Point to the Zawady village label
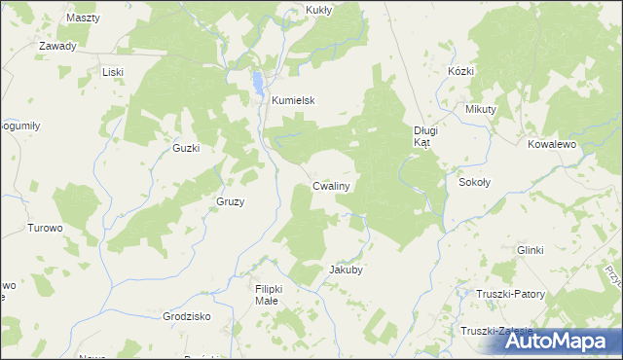(57, 46)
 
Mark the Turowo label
(45, 228)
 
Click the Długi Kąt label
(427, 135)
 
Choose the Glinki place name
(530, 250)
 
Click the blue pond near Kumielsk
(256, 80)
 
